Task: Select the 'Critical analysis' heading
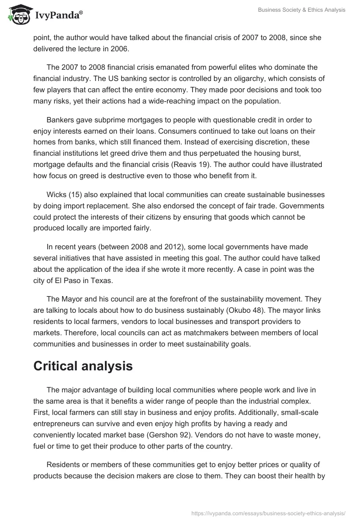(83, 366)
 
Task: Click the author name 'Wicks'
(56, 194)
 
